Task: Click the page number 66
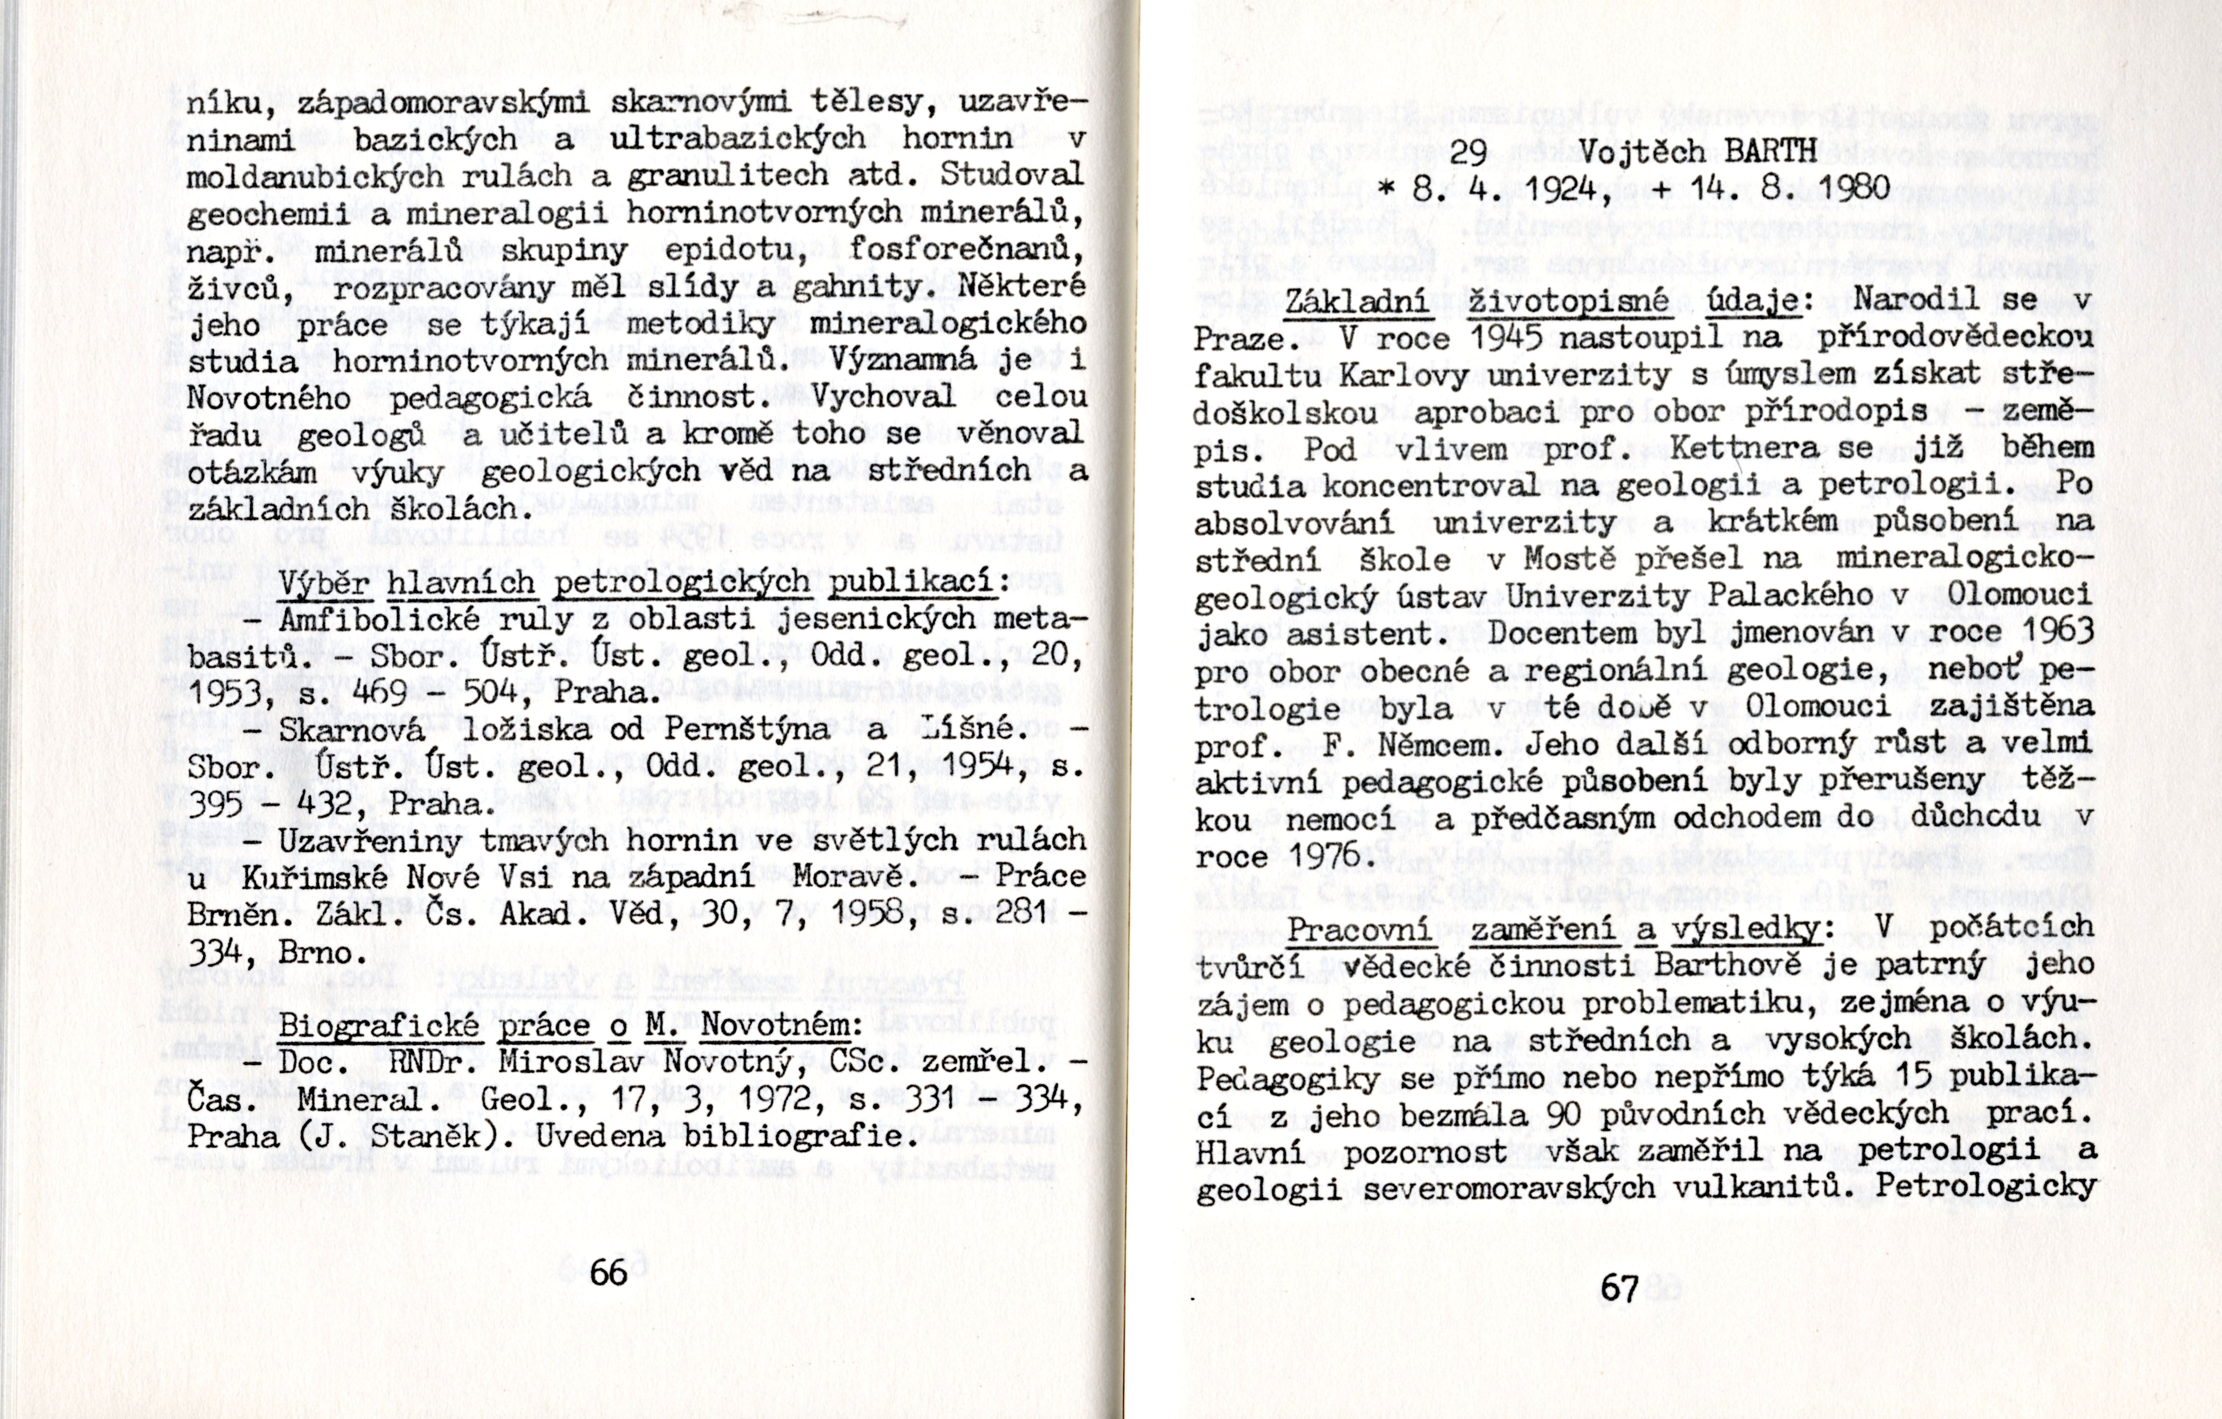[x=608, y=1273]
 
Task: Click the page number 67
[x=1620, y=1287]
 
